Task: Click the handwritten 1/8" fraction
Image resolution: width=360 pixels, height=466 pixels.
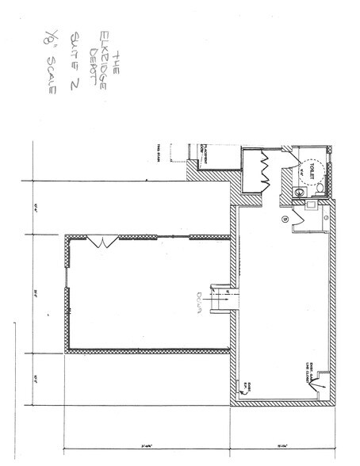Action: pos(53,40)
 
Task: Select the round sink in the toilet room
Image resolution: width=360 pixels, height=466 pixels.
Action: pos(301,191)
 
